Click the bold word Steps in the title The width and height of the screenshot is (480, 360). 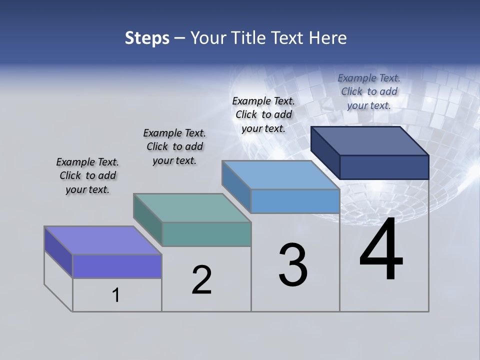click(146, 38)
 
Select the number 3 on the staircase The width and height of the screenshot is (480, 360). click(292, 265)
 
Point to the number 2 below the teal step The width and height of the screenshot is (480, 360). click(201, 280)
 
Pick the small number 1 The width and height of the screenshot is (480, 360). click(116, 295)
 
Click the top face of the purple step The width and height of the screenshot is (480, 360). click(102, 240)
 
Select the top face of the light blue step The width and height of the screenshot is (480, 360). click(280, 175)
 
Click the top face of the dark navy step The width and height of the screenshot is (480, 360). click(369, 141)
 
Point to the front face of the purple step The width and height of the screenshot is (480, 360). click(117, 266)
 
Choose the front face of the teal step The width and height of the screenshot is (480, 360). click(206, 234)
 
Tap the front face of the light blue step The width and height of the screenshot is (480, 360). click(295, 201)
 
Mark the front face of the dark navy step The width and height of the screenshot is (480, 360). click(384, 167)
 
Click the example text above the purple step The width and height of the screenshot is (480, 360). click(87, 176)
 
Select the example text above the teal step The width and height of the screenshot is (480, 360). click(174, 146)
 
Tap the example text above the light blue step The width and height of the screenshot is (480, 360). click(263, 114)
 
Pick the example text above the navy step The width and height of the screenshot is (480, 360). click(369, 91)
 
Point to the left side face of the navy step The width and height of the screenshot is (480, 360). click(325, 153)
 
